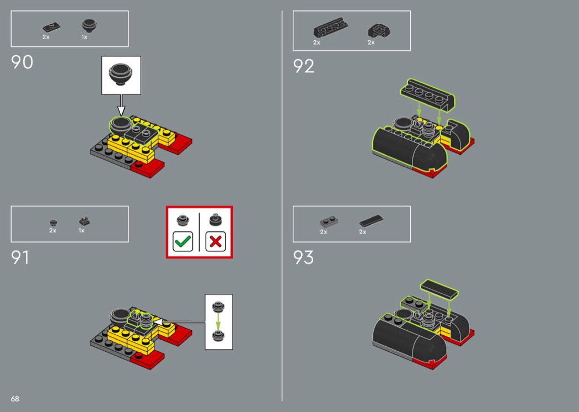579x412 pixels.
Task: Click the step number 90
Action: coord(22,62)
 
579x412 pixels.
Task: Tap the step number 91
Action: coord(20,257)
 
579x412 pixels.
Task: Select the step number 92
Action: coord(303,66)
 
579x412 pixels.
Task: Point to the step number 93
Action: coord(303,257)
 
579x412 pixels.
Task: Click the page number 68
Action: coord(15,399)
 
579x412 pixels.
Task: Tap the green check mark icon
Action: coord(183,241)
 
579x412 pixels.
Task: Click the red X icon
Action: coord(216,241)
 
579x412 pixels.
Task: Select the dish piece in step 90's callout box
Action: coord(121,74)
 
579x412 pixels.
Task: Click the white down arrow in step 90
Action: coord(121,105)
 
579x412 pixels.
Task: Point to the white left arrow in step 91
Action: coord(179,322)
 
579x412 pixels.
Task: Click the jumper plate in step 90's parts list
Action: coord(51,27)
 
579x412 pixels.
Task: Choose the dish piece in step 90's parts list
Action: coord(89,26)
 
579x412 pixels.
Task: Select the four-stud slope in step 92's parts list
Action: coord(330,28)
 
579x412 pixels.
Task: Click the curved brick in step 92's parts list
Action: coord(379,31)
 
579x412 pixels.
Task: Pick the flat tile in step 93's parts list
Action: coord(371,221)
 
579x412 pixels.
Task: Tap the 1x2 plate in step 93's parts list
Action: coord(329,222)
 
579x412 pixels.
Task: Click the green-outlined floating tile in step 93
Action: coord(439,289)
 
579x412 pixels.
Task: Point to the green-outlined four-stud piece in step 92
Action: coord(427,95)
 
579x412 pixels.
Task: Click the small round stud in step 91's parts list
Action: coord(53,223)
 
